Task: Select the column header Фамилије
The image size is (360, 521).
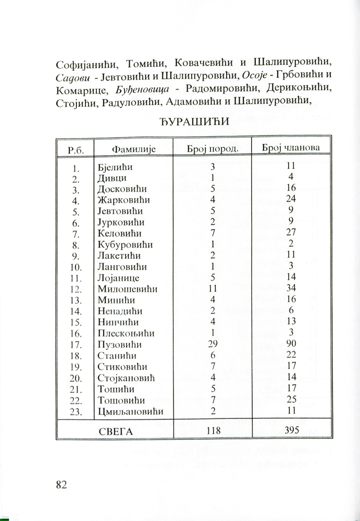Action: point(134,150)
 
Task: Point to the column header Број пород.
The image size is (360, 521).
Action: point(213,148)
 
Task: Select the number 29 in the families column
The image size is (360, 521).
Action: point(213,344)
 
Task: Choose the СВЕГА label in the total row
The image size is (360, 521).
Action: point(116,431)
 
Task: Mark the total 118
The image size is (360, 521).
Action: point(213,431)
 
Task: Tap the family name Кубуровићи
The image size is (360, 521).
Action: point(126,244)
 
